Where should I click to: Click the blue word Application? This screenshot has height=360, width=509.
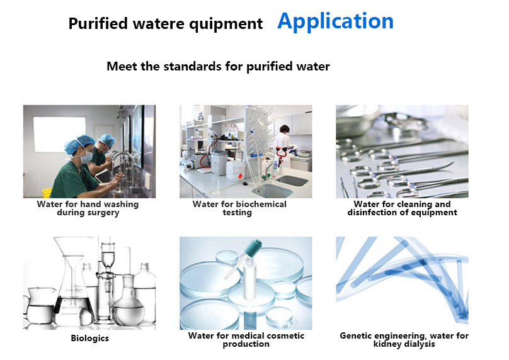pyautogui.click(x=335, y=22)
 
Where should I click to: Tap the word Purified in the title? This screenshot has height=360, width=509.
pyautogui.click(x=98, y=24)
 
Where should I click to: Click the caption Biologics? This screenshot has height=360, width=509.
pyautogui.click(x=90, y=338)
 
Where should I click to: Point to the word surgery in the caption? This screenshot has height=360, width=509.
pyautogui.click(x=103, y=213)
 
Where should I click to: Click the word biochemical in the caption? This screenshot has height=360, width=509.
pyautogui.click(x=261, y=204)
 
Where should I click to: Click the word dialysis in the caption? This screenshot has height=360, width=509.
pyautogui.click(x=420, y=344)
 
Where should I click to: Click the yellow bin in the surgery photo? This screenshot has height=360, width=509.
pyautogui.click(x=47, y=193)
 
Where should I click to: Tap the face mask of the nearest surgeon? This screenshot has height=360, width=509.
pyautogui.click(x=86, y=157)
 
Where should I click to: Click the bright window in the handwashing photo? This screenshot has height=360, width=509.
pyautogui.click(x=59, y=134)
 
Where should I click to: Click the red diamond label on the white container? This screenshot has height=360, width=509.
pyautogui.click(x=240, y=176)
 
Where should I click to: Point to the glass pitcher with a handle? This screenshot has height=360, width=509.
pyautogui.click(x=39, y=306)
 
